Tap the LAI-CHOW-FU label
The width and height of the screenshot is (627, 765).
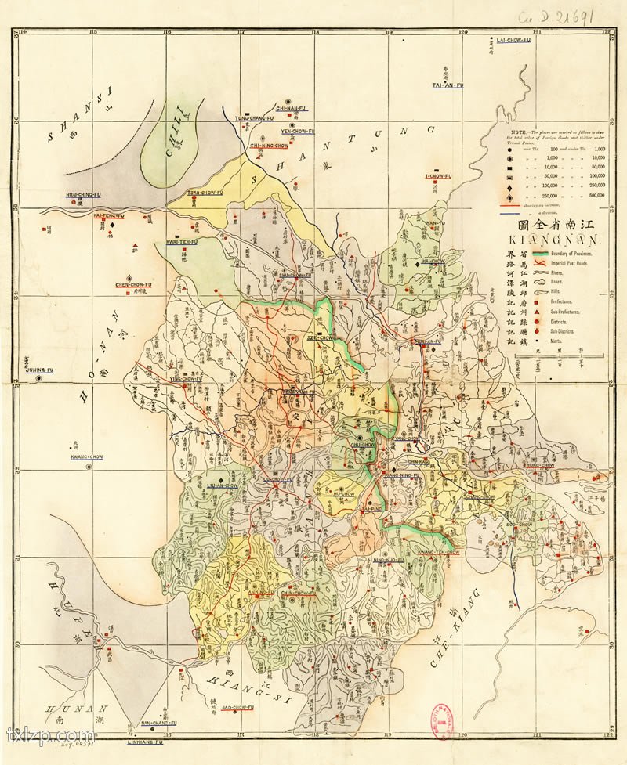514,39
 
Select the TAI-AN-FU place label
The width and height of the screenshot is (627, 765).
448,84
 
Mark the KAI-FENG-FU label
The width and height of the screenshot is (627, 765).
110,215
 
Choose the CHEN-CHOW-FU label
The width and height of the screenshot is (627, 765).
133,284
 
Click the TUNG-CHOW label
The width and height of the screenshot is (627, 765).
542,465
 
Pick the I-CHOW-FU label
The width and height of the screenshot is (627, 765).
438,176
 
